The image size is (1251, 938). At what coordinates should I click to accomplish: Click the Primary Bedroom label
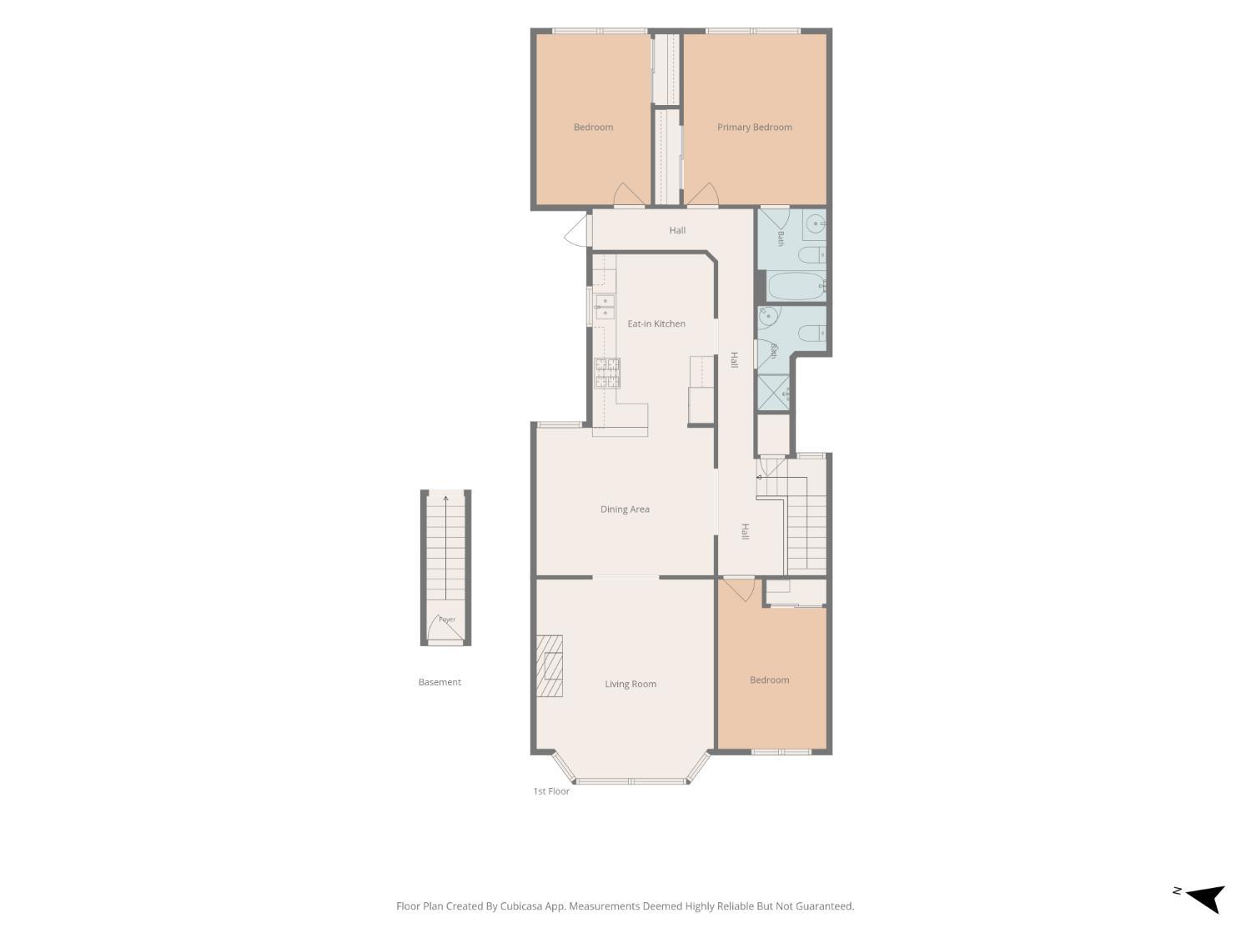coord(754,127)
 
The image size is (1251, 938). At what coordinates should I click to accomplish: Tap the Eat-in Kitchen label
coord(656,324)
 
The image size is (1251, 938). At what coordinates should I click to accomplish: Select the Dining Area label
coord(625,509)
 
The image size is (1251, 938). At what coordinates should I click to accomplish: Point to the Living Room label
coord(631,684)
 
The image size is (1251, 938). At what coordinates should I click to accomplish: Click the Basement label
coord(440,682)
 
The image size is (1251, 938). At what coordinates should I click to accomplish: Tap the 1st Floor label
coord(551,791)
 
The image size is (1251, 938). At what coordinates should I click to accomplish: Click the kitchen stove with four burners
coord(607,373)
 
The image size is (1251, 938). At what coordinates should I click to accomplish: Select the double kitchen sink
coord(605,306)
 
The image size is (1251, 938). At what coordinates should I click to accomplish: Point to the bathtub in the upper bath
coord(796,287)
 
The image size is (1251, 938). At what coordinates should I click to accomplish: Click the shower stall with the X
coord(773,392)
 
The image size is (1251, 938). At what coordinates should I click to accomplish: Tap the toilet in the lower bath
coord(811,333)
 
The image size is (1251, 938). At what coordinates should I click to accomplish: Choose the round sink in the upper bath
coord(816,224)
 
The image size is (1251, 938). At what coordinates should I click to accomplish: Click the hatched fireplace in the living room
coord(550,665)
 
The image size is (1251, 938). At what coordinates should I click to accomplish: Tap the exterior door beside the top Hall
coord(577,231)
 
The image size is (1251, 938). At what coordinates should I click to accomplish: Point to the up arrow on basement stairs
coord(445,547)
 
